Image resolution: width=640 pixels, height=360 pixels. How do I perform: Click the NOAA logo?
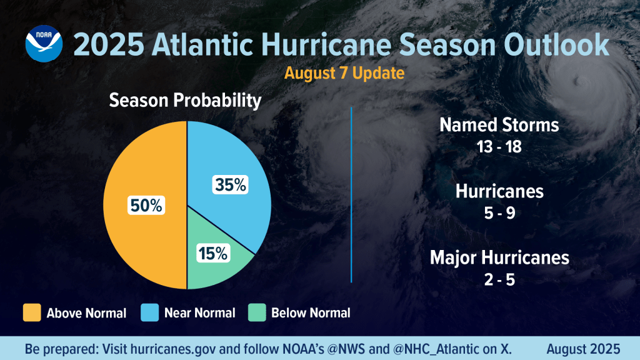pos(42,43)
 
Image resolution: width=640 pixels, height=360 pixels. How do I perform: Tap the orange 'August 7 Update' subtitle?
pos(344,72)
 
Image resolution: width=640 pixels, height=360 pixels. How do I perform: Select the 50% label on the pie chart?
pos(146,204)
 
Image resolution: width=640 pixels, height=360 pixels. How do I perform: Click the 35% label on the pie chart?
pos(231,185)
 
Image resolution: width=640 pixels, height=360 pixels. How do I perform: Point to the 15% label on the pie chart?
pos(214,254)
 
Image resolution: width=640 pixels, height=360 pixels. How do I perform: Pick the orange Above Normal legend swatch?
pos(31,312)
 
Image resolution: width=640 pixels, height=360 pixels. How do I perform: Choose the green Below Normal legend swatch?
pos(256,312)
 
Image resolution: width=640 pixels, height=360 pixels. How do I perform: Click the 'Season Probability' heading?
pos(185,101)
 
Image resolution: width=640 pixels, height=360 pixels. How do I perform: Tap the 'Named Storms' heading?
pos(499,125)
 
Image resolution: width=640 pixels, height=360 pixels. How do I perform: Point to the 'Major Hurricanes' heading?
pos(499,257)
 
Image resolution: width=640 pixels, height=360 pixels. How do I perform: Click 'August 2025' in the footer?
pos(582,348)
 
